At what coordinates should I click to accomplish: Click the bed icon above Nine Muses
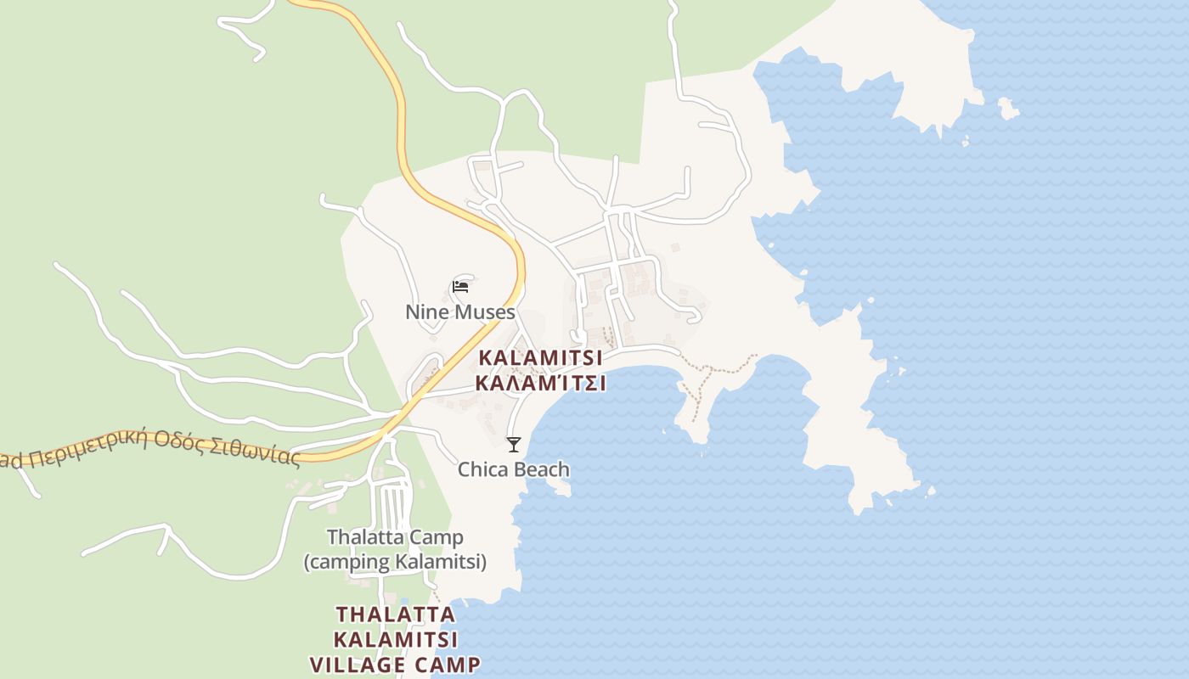460,286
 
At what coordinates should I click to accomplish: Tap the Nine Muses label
459,311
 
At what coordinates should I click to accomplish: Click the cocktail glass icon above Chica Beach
513,444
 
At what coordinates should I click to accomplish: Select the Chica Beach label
513,469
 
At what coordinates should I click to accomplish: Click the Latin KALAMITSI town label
540,357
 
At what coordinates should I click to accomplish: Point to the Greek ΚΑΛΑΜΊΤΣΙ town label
540,383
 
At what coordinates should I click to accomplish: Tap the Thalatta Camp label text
395,536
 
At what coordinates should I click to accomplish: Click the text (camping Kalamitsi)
395,561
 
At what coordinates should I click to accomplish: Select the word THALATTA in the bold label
395,613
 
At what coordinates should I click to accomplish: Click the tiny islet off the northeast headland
1007,109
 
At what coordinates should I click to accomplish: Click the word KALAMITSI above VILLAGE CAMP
395,638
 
